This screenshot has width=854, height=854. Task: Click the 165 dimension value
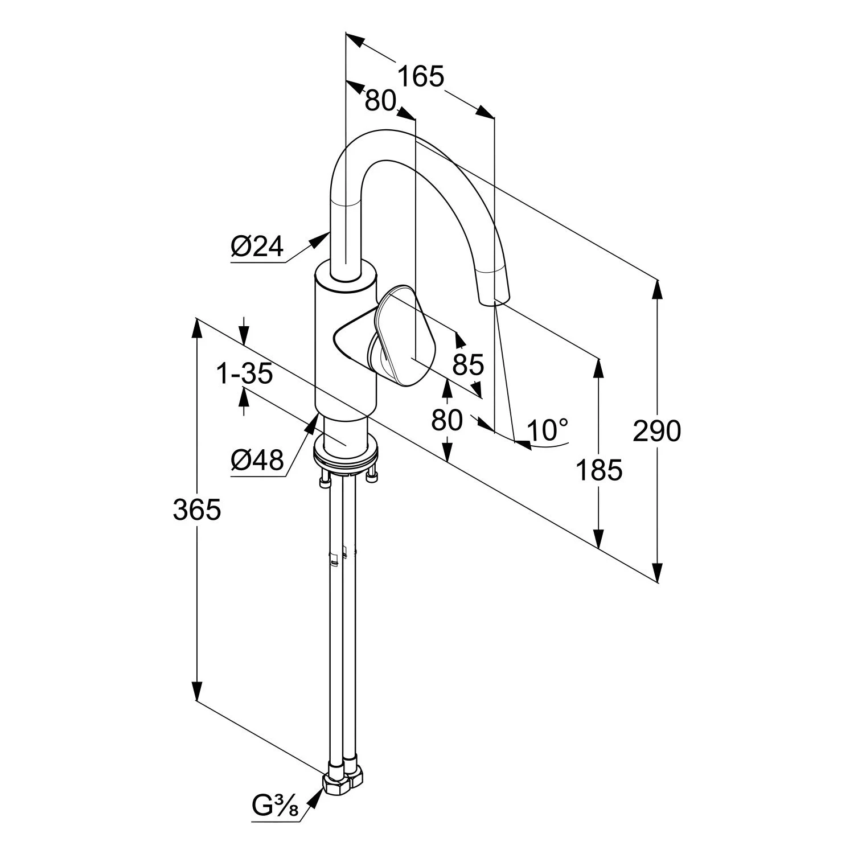[x=420, y=77]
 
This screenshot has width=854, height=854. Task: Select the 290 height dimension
[x=656, y=431]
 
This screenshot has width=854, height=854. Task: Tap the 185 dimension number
[x=598, y=470]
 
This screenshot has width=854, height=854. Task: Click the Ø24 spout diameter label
[x=257, y=247]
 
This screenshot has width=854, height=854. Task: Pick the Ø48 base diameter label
[x=257, y=460]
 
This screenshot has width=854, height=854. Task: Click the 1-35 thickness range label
[x=245, y=374]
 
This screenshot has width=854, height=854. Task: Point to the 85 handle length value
[x=468, y=364]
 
